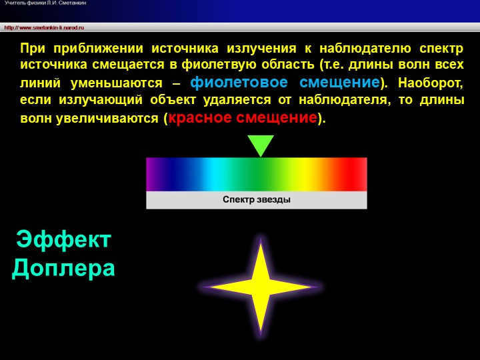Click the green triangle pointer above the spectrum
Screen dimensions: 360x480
(x=261, y=144)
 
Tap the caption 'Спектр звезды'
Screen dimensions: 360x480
(x=257, y=199)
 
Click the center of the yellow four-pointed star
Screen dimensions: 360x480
(x=261, y=287)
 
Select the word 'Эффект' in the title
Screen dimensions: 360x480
(x=63, y=240)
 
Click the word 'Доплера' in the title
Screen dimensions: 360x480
(x=63, y=268)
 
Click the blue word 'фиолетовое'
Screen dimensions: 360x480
(x=239, y=83)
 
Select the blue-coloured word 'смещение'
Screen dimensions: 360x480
(x=339, y=83)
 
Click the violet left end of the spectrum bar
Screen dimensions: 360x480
(x=152, y=174)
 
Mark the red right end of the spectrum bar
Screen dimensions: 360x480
(x=361, y=174)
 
